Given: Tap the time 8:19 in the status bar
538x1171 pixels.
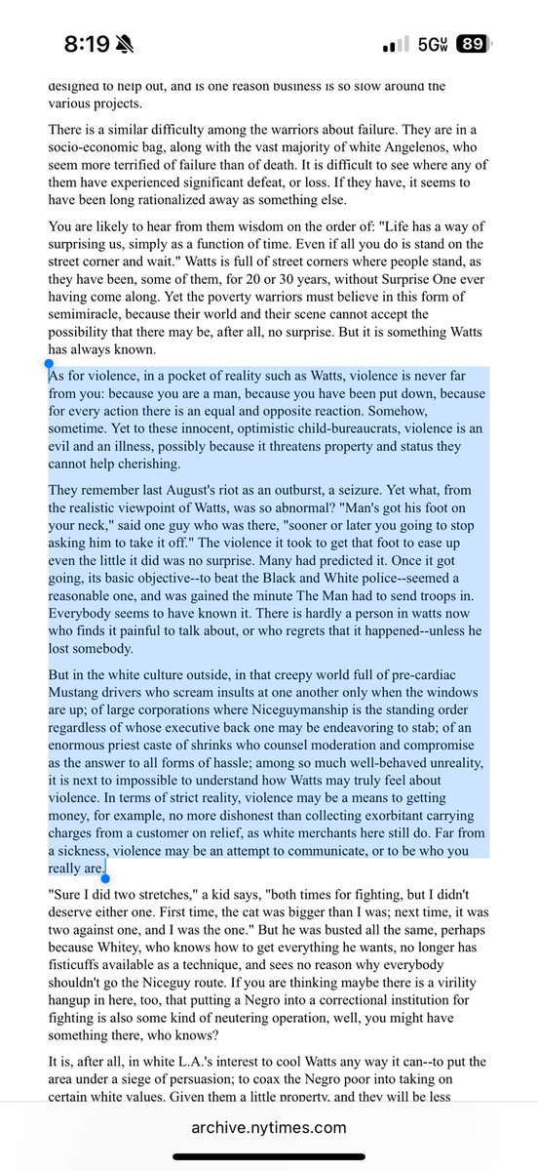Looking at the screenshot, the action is tap(89, 44).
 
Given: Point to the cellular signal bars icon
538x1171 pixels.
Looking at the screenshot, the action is tap(396, 45).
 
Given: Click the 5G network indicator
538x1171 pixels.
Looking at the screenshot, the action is tap(429, 45).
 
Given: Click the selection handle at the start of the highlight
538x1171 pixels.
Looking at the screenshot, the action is tap(49, 364).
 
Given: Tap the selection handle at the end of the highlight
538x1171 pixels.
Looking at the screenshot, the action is tap(106, 877).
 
